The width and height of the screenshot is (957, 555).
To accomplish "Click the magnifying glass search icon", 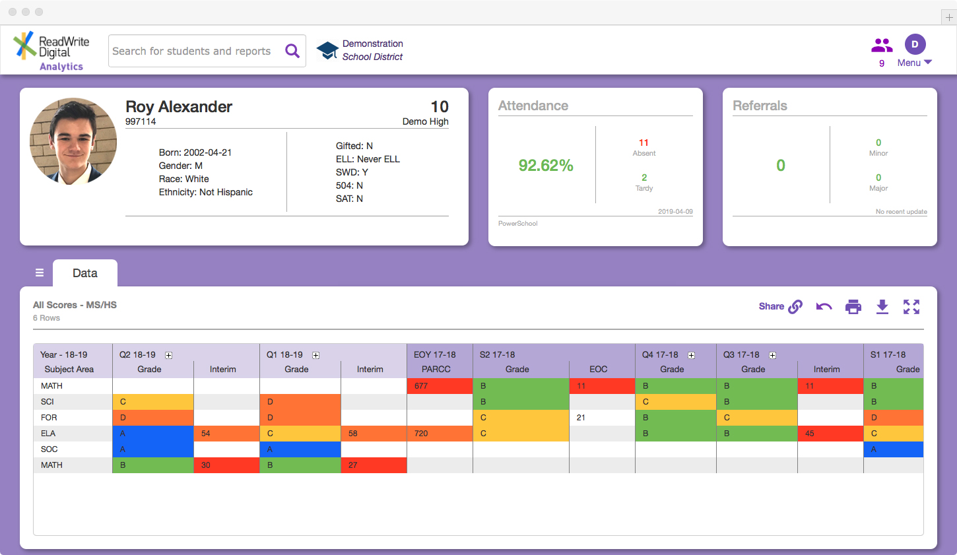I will coord(292,51).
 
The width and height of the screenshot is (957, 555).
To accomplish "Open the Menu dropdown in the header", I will coord(915,63).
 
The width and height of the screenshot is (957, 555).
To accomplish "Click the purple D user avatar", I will coord(915,44).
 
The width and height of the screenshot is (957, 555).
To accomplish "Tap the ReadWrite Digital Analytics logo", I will coord(51,51).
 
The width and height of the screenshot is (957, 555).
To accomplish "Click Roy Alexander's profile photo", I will coord(73,141).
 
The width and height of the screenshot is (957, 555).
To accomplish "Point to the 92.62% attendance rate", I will coord(546,165).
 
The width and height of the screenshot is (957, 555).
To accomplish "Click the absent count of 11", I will coord(643,143).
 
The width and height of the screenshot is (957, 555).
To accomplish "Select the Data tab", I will coord(85,273).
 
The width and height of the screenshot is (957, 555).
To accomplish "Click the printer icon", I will coord(853,307).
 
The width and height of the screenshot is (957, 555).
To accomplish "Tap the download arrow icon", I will coord(882,307).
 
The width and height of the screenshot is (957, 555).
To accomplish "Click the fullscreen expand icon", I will coord(911,307).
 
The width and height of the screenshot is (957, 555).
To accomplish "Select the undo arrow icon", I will coord(824,307).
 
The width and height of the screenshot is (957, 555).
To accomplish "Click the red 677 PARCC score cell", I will coord(440,386).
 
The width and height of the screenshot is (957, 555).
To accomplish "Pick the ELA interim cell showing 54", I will coord(226,434).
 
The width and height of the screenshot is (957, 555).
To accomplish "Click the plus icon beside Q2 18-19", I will coord(169,355).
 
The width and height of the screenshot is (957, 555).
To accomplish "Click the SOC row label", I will coord(49,449).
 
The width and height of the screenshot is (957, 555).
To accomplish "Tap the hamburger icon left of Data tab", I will coord(40,273).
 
